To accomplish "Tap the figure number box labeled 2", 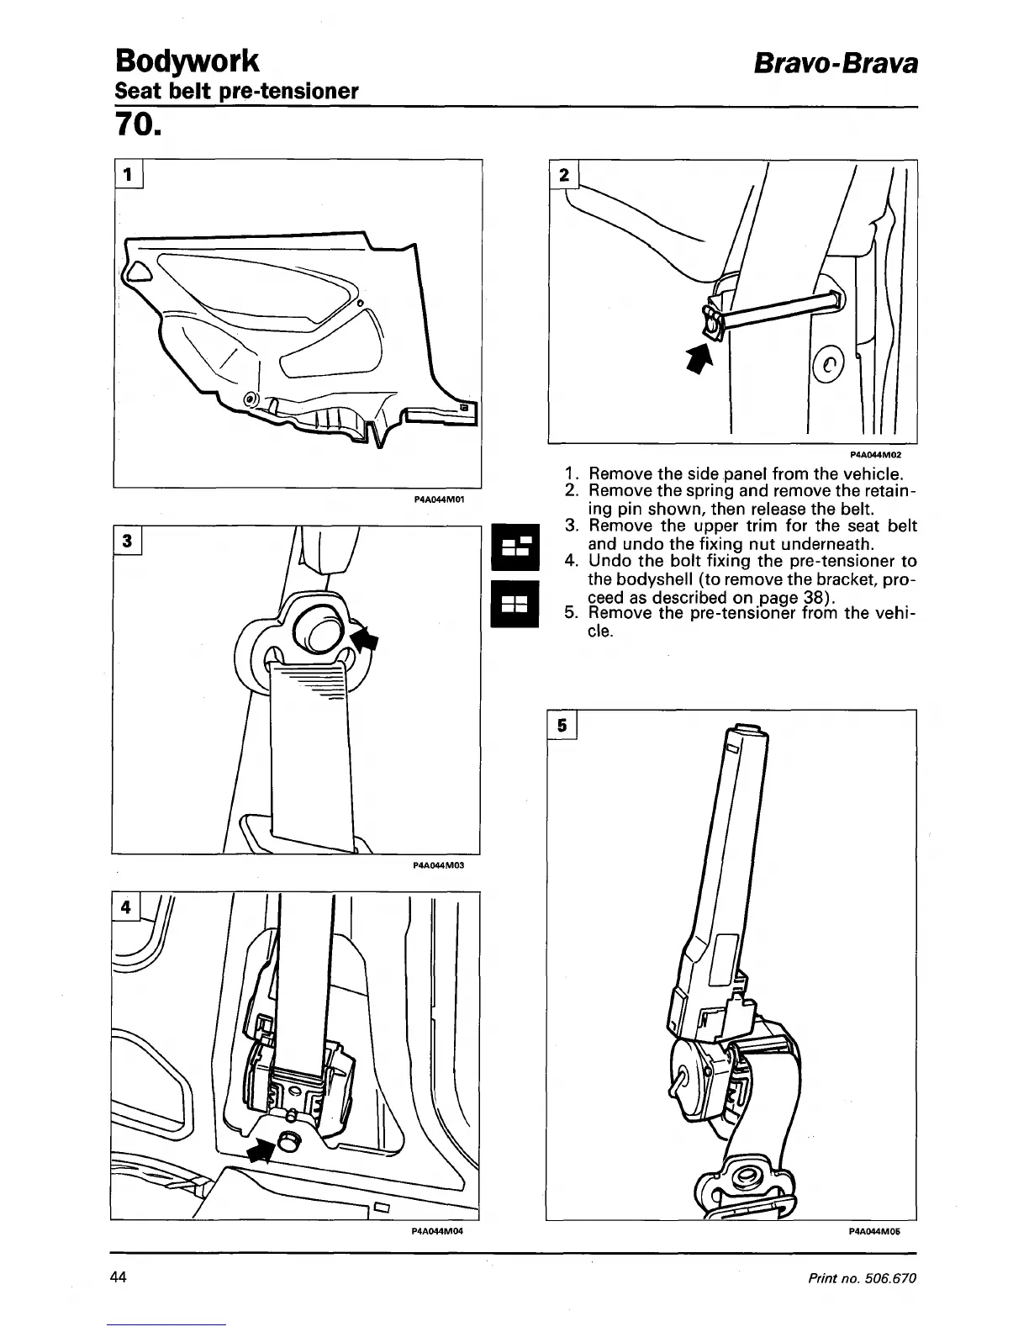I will point(564,175).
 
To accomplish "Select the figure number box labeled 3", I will point(128,541).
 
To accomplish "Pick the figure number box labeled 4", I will point(127,907).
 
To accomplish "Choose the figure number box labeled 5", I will point(562,725).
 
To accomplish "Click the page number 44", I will point(119,1278).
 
